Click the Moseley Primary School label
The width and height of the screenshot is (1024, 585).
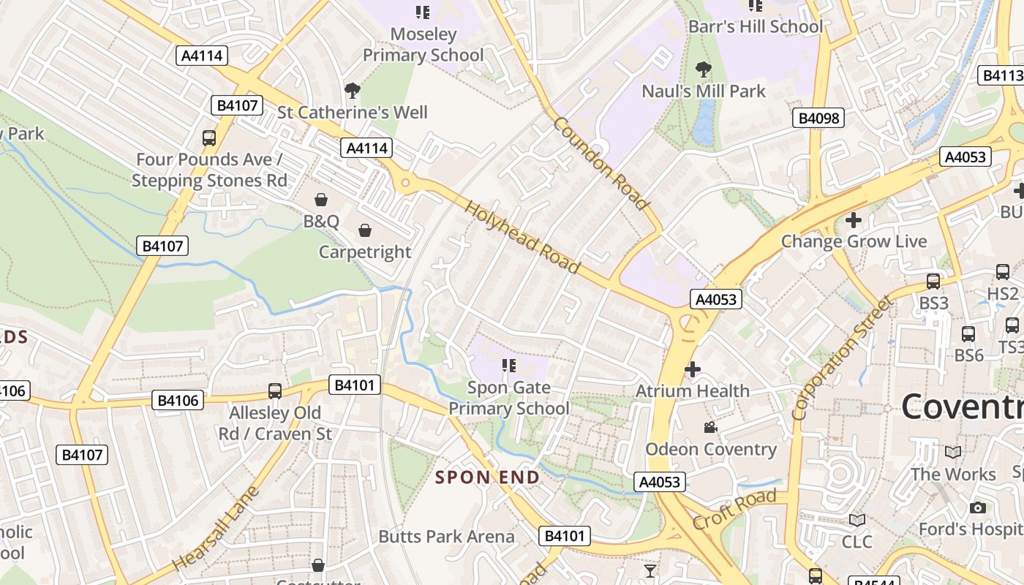(423, 45)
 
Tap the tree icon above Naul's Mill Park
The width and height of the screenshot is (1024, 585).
(704, 70)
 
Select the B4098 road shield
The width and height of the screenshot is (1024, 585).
(819, 118)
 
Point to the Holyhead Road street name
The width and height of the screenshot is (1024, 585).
(522, 238)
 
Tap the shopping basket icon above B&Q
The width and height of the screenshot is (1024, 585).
(321, 200)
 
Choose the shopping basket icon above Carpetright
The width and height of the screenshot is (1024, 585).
(365, 231)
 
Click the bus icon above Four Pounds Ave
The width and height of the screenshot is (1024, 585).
(209, 137)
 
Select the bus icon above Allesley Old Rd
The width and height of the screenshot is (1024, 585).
(275, 391)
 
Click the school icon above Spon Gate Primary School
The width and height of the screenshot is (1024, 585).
(509, 366)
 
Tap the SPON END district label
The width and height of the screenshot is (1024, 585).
(488, 478)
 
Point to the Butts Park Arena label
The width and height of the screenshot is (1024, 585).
(446, 536)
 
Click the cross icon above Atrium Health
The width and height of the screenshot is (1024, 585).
(692, 369)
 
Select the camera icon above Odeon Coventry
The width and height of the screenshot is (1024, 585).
(710, 428)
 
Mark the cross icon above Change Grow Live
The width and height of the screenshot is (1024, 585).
(853, 219)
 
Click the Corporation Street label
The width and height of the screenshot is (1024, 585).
(842, 358)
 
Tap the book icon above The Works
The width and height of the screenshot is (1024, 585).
(953, 453)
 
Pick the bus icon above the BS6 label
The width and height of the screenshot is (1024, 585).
(968, 334)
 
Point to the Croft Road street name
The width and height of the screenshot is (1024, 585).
(734, 510)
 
